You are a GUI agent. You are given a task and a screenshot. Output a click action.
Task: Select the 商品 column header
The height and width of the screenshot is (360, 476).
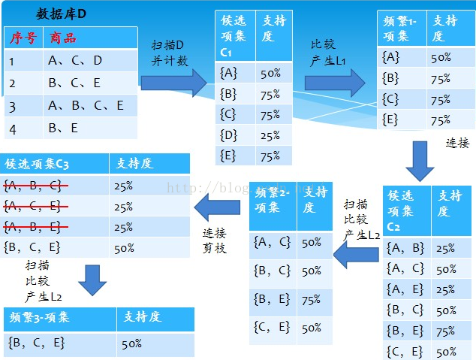pyautogui.click(x=63, y=38)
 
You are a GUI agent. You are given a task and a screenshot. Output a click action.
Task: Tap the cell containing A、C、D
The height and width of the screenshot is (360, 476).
pyautogui.click(x=75, y=61)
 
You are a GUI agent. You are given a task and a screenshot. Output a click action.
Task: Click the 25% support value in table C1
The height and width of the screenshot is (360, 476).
pyautogui.click(x=270, y=135)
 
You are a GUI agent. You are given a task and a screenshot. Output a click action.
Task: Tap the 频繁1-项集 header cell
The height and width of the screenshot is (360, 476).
pyautogui.click(x=402, y=29)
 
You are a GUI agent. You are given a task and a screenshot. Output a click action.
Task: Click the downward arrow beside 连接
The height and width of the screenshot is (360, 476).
pyautogui.click(x=421, y=160)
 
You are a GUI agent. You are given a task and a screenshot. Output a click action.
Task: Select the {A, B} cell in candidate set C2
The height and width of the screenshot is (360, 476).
pyautogui.click(x=405, y=249)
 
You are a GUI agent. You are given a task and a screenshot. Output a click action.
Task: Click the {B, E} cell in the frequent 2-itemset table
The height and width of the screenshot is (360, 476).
pyautogui.click(x=272, y=299)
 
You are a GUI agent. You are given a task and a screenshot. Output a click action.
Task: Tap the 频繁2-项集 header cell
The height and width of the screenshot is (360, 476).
pyautogui.click(x=273, y=198)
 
